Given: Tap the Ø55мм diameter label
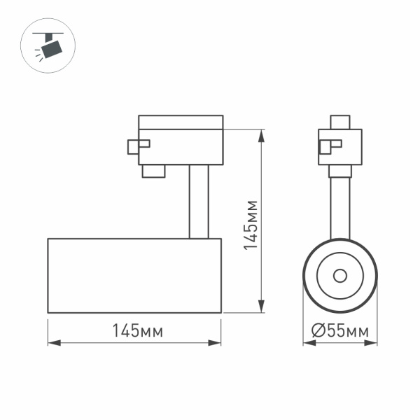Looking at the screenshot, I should coord(339,332).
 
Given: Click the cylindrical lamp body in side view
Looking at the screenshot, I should coord(134,275).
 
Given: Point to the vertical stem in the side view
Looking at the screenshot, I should coord(198,202).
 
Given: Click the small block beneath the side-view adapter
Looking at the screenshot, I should coord(153,171).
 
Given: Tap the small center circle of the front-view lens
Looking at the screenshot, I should coord(340,275).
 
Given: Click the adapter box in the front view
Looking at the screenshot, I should coord(341,146).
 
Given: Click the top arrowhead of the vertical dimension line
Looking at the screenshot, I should coord(262,134).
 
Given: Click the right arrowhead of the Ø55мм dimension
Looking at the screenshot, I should coord(374,344).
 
